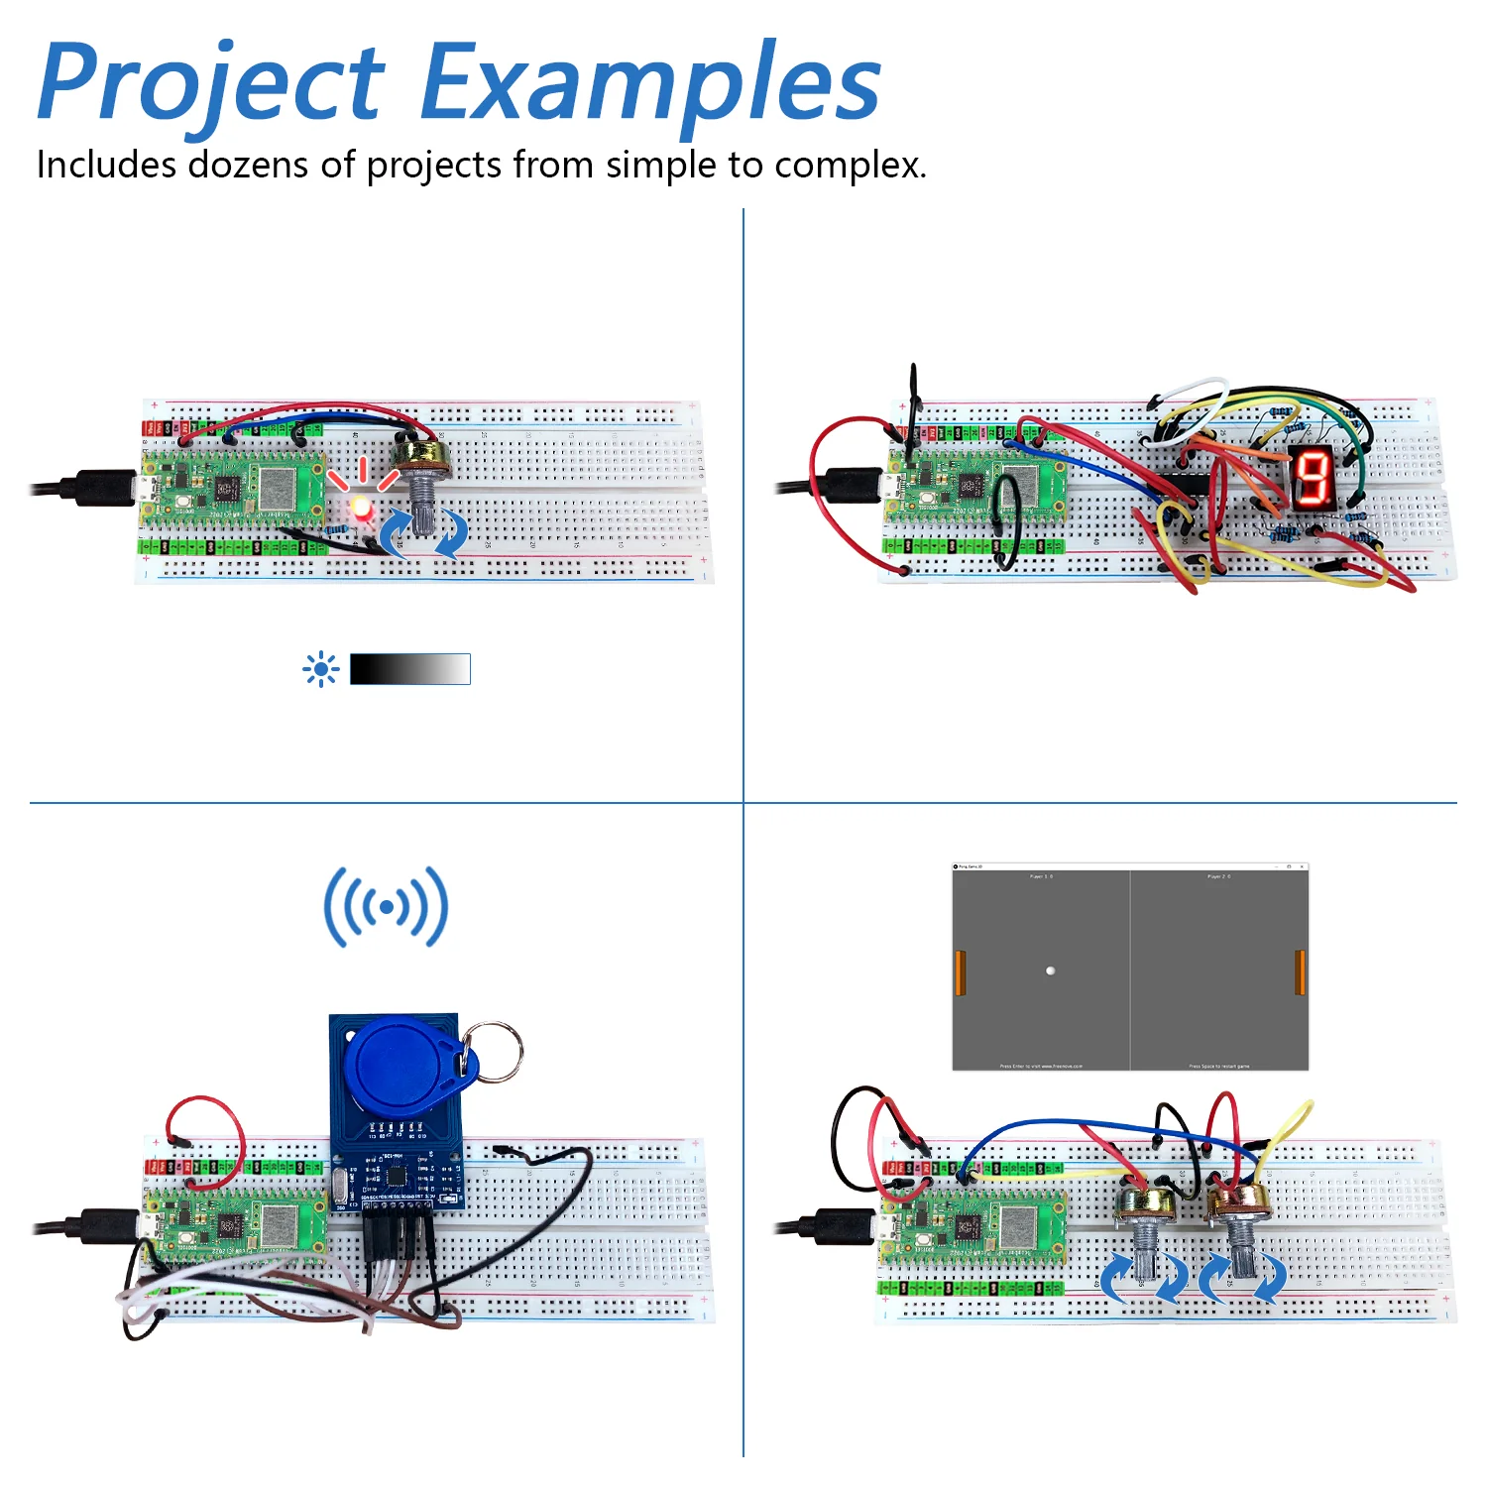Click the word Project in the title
(210, 83)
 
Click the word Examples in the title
(650, 83)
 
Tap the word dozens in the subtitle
(247, 165)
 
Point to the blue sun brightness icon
(320, 670)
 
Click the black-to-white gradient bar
(409, 669)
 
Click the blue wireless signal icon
(386, 906)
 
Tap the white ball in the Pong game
(1050, 971)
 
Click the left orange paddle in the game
(960, 972)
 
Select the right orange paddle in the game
(1300, 972)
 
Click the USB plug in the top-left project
(99, 488)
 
